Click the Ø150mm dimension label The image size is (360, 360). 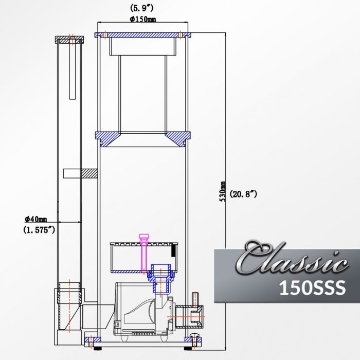[x=143, y=20]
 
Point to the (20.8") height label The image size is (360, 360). [x=243, y=194]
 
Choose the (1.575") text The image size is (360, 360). [x=39, y=230]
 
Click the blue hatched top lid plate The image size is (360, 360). [x=143, y=35]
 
